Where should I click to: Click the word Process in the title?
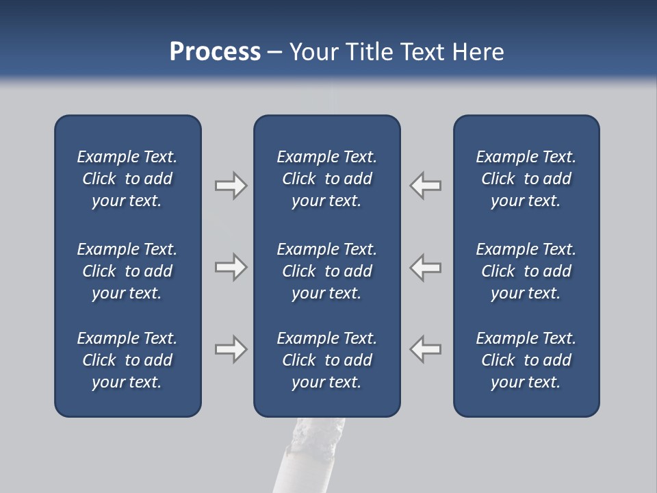click(x=215, y=52)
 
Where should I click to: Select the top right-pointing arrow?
click(x=231, y=186)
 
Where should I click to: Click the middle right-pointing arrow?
click(x=231, y=267)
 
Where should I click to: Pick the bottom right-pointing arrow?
click(x=231, y=349)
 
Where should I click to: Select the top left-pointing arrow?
click(x=426, y=186)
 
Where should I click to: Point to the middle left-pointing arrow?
click(x=426, y=267)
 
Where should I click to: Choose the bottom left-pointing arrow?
click(x=426, y=349)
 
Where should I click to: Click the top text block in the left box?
click(x=127, y=179)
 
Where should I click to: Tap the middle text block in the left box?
click(x=127, y=271)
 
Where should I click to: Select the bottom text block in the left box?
click(x=127, y=360)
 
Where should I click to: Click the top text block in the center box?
click(x=326, y=179)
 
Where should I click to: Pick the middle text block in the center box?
click(x=326, y=271)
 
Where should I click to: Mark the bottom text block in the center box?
click(x=326, y=360)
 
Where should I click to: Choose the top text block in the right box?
click(x=526, y=179)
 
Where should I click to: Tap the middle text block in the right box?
click(x=526, y=271)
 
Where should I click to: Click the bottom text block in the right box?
click(x=526, y=360)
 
